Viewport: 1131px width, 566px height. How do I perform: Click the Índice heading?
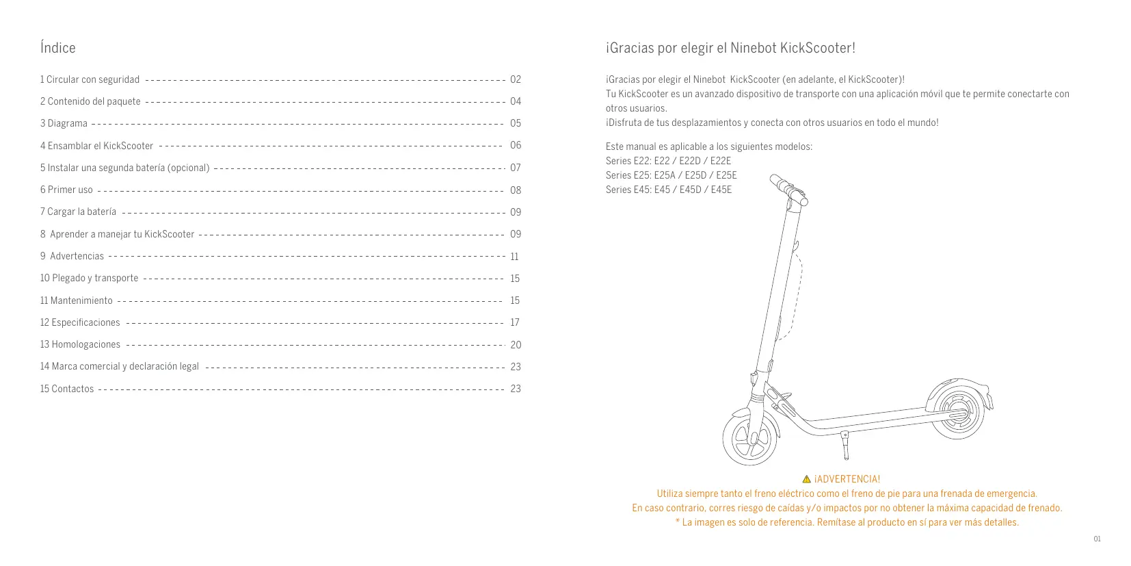(x=57, y=48)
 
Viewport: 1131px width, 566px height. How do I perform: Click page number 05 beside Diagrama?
(x=516, y=123)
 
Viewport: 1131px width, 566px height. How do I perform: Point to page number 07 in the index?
(x=516, y=168)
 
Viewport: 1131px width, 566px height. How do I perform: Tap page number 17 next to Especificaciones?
(x=515, y=322)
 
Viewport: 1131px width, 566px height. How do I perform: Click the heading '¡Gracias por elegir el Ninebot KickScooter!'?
(x=730, y=48)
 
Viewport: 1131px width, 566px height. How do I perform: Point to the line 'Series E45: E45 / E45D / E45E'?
(x=668, y=190)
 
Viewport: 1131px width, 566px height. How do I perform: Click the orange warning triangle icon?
(x=806, y=479)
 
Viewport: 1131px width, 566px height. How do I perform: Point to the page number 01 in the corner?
(x=1097, y=539)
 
